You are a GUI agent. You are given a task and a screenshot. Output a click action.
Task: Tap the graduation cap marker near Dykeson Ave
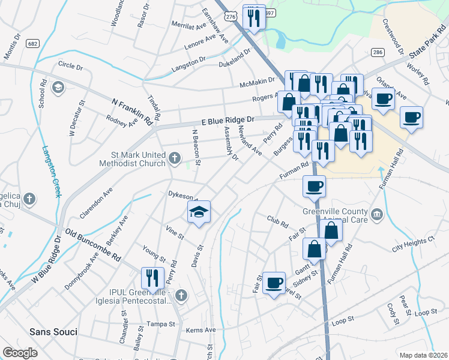199,212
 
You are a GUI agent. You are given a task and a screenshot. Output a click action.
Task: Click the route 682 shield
32,43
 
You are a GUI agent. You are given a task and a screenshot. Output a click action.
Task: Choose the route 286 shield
378,52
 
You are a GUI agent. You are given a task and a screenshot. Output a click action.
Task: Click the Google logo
20,352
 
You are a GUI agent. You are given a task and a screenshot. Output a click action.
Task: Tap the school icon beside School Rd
58,88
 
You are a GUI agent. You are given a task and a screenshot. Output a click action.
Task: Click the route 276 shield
231,19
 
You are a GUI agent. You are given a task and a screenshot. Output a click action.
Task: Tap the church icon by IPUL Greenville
182,295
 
